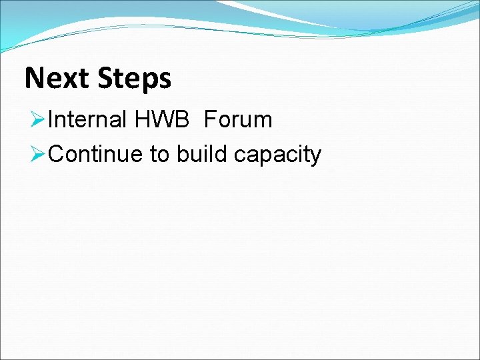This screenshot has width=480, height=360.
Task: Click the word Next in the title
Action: pyautogui.click(x=57, y=79)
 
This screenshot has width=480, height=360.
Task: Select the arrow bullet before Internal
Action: pyautogui.click(x=37, y=120)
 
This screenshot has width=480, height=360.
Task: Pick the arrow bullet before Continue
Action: pyautogui.click(x=37, y=155)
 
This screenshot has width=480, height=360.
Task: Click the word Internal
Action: pyautogui.click(x=87, y=120)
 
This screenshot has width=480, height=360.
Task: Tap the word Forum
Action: pyautogui.click(x=239, y=120)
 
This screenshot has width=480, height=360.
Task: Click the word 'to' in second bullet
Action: pyautogui.click(x=159, y=155)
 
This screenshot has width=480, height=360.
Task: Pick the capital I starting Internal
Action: pyautogui.click(x=52, y=120)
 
